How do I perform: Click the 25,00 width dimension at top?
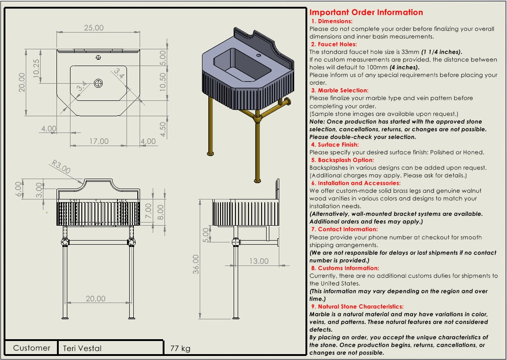pos(94,28)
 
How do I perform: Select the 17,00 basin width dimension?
pos(99,142)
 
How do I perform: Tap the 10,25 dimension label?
pos(37,68)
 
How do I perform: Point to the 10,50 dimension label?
pos(163,82)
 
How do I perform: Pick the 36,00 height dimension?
pos(196,267)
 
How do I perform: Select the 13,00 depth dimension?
pos(258,261)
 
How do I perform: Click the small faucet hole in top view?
pos(99,58)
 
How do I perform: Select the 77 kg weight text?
pos(180,348)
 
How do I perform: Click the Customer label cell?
pos(32,348)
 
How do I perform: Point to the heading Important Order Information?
pos(366,13)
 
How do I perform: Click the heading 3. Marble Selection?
pos(339,90)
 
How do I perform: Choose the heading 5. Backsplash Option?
pos(342,160)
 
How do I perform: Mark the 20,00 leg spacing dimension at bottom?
pos(95,298)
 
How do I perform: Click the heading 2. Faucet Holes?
pos(333,44)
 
